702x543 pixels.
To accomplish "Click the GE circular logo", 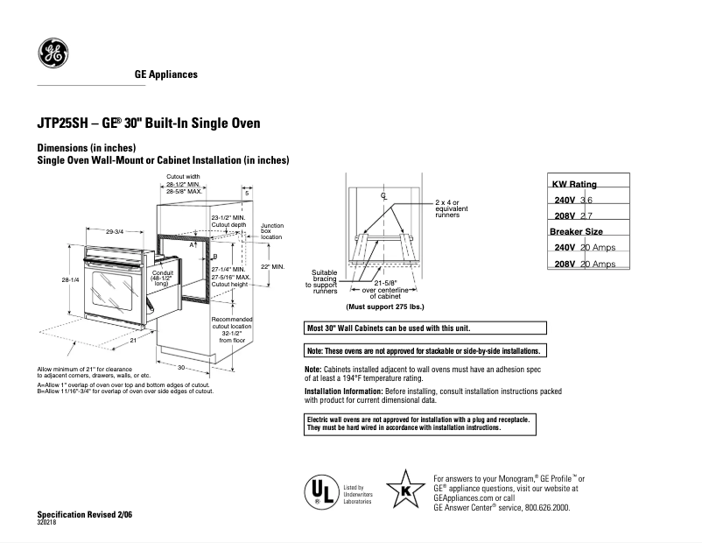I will click(x=53, y=54).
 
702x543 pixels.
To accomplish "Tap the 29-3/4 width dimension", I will click(x=114, y=232).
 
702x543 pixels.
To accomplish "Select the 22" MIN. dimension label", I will click(x=272, y=266).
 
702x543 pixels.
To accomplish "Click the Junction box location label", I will click(x=271, y=231).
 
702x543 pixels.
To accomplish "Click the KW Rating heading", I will click(x=573, y=185).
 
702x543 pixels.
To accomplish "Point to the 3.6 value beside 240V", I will click(x=586, y=201).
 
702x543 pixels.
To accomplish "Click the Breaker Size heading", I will click(x=576, y=231).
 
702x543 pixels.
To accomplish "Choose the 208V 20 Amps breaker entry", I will click(x=585, y=264).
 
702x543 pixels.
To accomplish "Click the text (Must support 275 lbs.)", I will click(x=384, y=307).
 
